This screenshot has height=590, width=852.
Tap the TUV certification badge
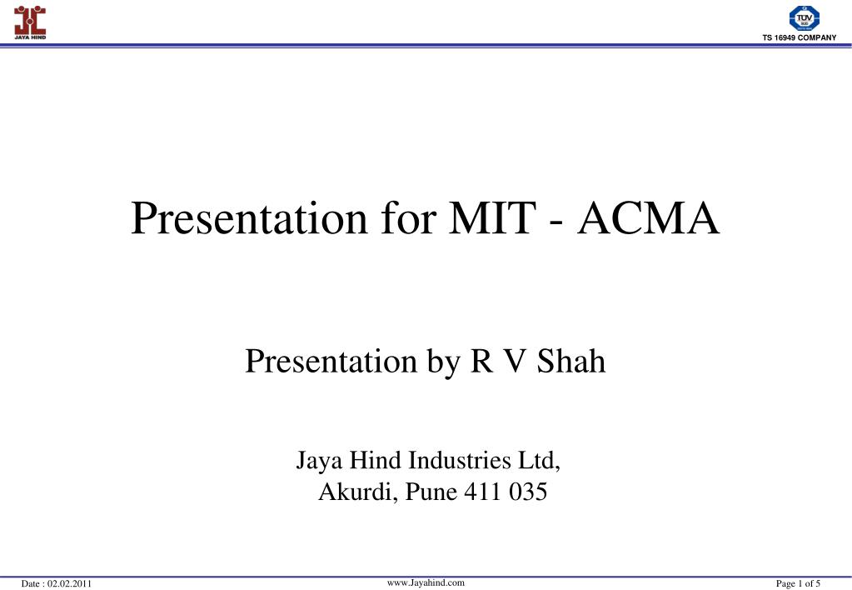[x=804, y=17]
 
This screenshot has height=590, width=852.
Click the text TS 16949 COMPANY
[x=799, y=38]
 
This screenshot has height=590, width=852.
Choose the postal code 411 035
[x=506, y=492]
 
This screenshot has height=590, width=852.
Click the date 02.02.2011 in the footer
[x=69, y=583]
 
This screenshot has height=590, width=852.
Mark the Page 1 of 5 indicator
[x=798, y=583]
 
